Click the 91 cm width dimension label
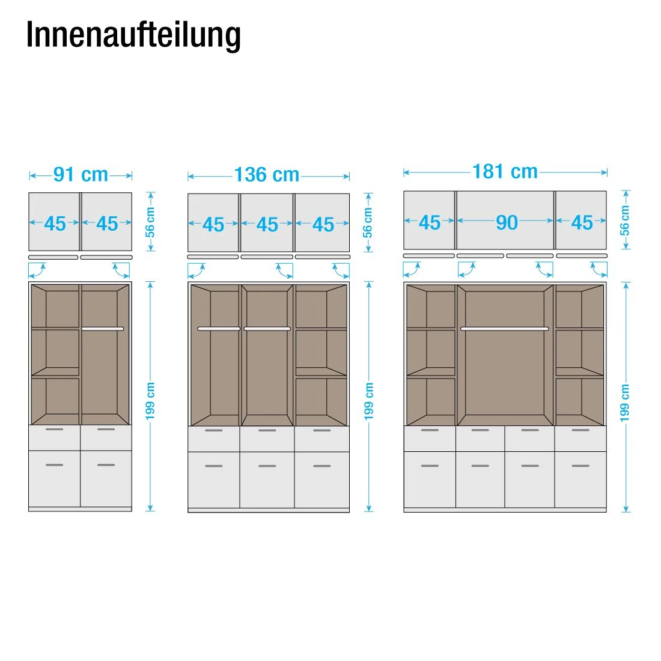[81, 175]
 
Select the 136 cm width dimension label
[267, 175]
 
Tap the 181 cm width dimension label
[505, 172]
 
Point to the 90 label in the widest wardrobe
[507, 222]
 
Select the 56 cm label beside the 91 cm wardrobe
[150, 222]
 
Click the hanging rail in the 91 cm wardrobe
[103, 329]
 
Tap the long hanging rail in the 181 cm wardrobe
[505, 329]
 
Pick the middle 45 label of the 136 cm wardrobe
[267, 225]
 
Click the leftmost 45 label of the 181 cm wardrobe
[429, 222]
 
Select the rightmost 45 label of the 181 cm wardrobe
[582, 222]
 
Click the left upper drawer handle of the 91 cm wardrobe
[54, 430]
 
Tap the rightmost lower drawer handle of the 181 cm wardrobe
[580, 466]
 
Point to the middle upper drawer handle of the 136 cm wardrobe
[267, 430]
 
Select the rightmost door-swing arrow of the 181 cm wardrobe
[599, 270]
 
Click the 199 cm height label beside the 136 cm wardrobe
[369, 401]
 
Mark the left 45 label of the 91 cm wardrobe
[55, 224]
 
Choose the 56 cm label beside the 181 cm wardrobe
[625, 221]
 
